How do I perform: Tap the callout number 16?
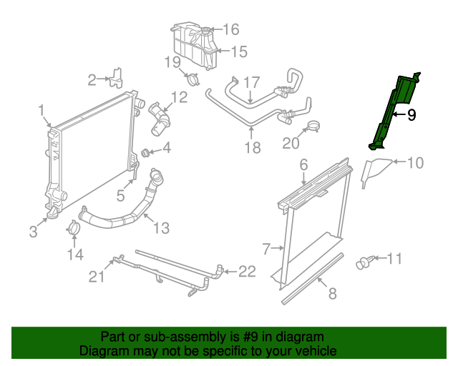tap(230, 29)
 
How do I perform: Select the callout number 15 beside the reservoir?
tap(238, 51)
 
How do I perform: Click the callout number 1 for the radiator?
tap(42, 109)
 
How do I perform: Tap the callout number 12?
tap(179, 97)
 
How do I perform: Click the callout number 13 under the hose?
tap(162, 228)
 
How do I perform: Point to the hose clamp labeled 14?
tap(73, 230)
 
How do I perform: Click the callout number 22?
tap(246, 271)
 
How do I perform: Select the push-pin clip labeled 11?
tap(364, 263)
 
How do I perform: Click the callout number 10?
tap(415, 163)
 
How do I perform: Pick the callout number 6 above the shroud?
tap(303, 165)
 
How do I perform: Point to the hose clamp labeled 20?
tap(313, 129)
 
